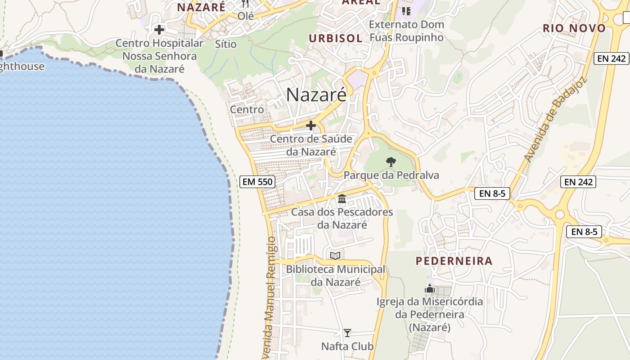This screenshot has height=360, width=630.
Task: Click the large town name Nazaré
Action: tap(316, 94)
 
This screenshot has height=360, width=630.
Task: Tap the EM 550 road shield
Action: tap(257, 182)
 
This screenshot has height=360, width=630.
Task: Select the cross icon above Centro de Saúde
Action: tap(311, 125)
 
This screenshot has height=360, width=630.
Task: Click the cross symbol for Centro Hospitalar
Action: tap(159, 30)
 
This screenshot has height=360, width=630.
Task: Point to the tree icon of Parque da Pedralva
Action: tap(391, 162)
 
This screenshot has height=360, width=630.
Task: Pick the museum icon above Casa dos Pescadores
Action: tap(342, 198)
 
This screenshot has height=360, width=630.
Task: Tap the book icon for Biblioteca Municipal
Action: tap(335, 256)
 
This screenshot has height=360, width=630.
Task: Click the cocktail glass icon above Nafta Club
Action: tap(347, 333)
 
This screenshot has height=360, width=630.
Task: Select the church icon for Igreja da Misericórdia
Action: tap(430, 288)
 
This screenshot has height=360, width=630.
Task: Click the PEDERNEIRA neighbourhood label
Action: tap(454, 261)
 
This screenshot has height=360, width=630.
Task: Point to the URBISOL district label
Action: tap(335, 39)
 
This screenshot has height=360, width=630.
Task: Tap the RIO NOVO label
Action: tap(574, 28)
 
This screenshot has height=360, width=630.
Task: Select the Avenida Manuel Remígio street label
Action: tap(270, 297)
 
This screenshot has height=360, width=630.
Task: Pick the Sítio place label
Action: tap(225, 44)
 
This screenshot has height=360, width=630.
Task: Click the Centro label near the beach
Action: tap(247, 109)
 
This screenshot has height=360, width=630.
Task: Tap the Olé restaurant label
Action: tap(246, 16)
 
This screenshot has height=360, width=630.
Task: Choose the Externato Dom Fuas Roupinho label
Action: tap(407, 31)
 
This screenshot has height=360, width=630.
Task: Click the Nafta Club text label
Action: tap(347, 346)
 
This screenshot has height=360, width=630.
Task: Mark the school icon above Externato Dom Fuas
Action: tap(406, 11)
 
